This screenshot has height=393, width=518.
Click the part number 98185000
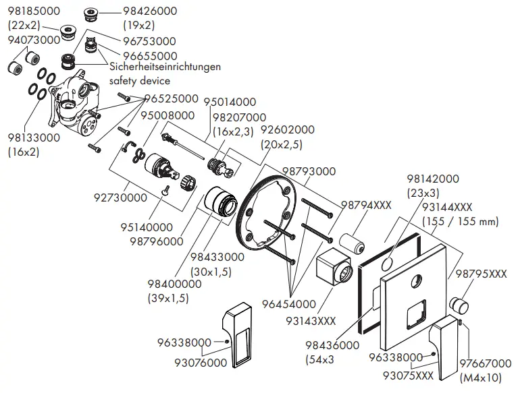[33, 11]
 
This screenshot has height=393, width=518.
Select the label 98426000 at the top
[149, 11]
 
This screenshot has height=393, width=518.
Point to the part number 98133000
[34, 138]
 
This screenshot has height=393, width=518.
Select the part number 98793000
[309, 172]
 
